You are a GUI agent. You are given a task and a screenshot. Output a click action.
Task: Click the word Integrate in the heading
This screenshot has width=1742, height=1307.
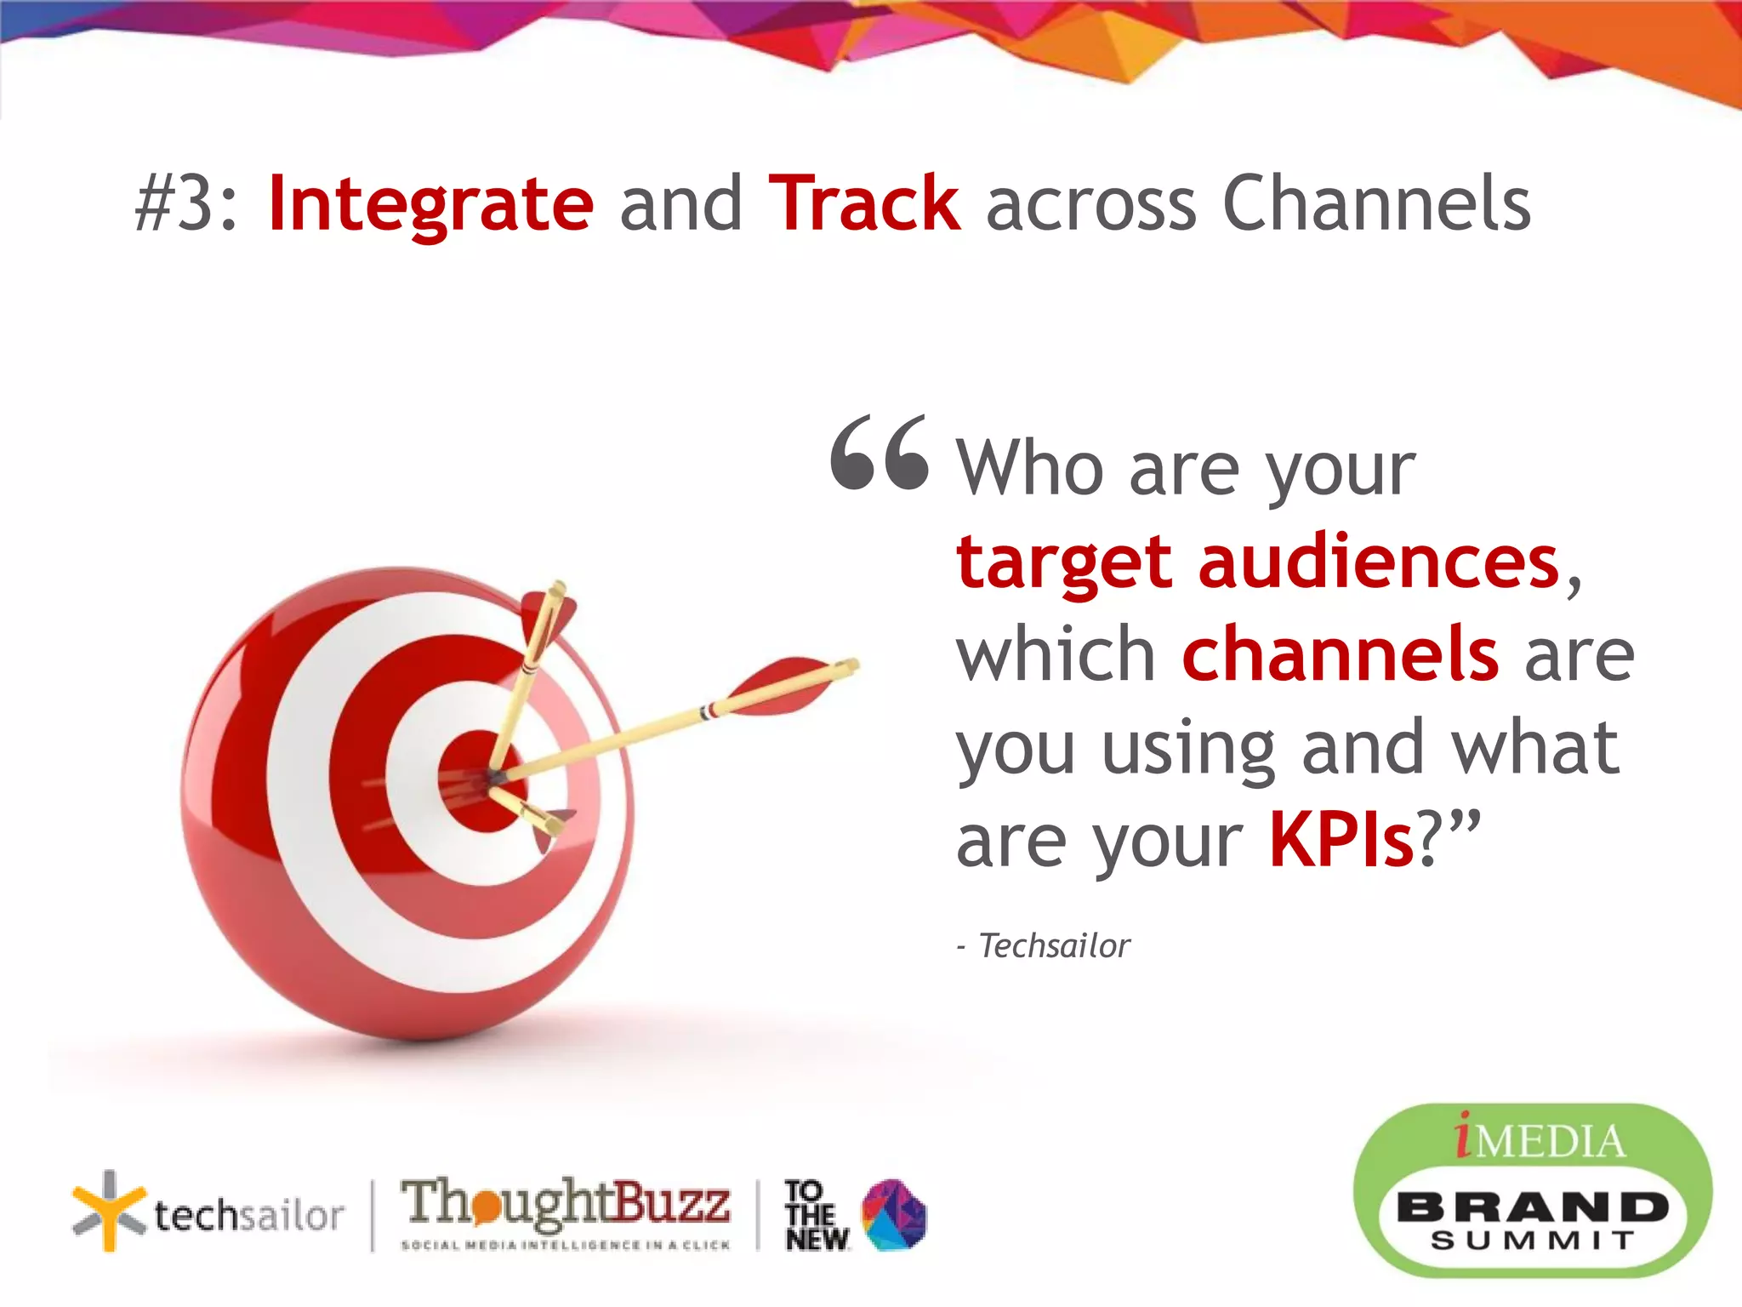coord(430,204)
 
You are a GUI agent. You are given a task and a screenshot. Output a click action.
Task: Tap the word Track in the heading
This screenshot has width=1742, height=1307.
coord(864,204)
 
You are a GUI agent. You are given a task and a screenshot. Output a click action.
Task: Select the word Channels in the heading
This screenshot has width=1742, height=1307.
coord(1376,204)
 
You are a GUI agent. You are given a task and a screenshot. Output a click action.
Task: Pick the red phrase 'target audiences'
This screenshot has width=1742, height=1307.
coord(1257,563)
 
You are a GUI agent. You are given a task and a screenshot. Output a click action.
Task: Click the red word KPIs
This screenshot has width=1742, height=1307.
coord(1341,841)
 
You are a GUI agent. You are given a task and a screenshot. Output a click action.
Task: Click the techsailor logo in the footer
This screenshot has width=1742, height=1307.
coord(208,1213)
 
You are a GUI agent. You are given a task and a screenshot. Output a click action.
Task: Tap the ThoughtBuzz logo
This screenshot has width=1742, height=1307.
coord(566,1212)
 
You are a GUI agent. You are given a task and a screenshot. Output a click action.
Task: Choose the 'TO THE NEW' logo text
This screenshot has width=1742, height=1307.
coord(815,1215)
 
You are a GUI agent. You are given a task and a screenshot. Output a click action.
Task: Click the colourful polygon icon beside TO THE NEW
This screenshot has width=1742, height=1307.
coord(893,1215)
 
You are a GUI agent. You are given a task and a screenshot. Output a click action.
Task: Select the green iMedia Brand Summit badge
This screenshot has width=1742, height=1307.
coord(1531,1191)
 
